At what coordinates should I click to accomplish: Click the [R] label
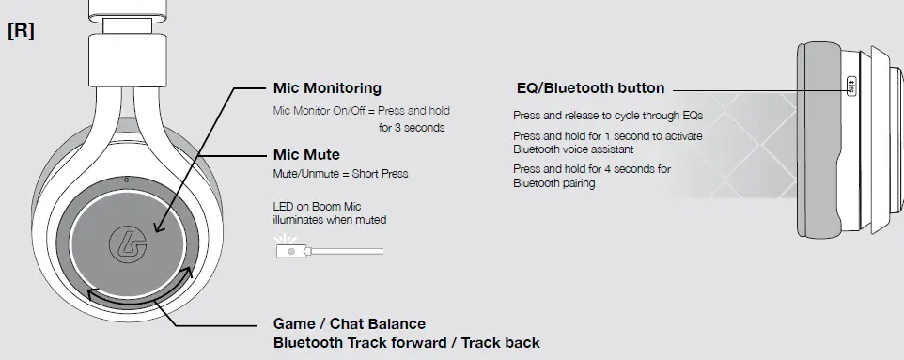(x=22, y=31)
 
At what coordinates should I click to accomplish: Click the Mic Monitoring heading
(x=327, y=88)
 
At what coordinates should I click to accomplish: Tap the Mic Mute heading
(x=306, y=154)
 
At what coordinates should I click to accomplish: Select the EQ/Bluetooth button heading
(x=590, y=88)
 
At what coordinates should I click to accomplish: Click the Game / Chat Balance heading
(x=350, y=323)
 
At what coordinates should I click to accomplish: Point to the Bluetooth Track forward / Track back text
(x=407, y=343)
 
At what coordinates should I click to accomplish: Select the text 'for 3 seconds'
(x=412, y=128)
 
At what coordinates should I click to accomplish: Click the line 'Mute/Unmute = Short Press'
(x=340, y=174)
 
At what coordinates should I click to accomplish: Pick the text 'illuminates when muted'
(x=330, y=220)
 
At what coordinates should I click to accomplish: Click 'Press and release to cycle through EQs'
(x=608, y=116)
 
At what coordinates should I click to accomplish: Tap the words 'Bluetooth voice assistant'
(x=573, y=149)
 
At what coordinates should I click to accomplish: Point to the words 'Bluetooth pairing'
(x=554, y=183)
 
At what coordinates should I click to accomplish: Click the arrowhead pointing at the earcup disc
(x=159, y=227)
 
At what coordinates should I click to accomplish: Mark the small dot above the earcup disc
(x=127, y=180)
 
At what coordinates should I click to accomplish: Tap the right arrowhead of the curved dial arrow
(x=186, y=273)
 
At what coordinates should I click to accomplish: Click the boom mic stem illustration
(x=347, y=251)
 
